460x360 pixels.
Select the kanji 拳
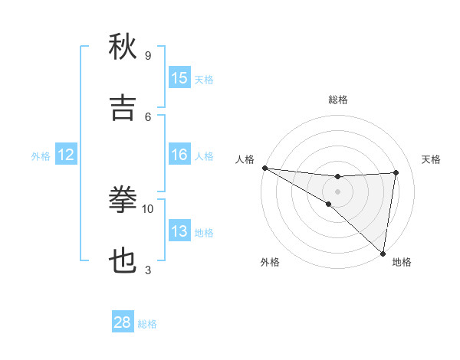pyautogui.click(x=123, y=200)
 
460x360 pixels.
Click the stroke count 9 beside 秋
pyautogui.click(x=148, y=55)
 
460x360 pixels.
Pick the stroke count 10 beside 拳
pyautogui.click(x=148, y=208)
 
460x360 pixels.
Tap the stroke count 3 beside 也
pyautogui.click(x=148, y=270)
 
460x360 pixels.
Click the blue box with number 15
pyautogui.click(x=179, y=78)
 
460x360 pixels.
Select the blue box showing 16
pyautogui.click(x=179, y=155)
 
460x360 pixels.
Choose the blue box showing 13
pyautogui.click(x=179, y=231)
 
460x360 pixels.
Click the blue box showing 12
pyautogui.click(x=66, y=155)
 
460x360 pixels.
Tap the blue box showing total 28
pyautogui.click(x=123, y=322)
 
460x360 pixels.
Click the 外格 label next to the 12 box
pyautogui.click(x=41, y=156)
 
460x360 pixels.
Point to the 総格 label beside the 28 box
pyautogui.click(x=147, y=324)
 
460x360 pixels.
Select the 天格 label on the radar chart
pyautogui.click(x=432, y=159)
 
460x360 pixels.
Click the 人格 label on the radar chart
pyautogui.click(x=245, y=159)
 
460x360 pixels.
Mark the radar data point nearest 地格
pyautogui.click(x=383, y=252)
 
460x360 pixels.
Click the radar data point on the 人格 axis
pyautogui.click(x=264, y=168)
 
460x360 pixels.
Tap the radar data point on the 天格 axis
pyautogui.click(x=396, y=172)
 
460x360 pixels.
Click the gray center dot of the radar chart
pyautogui.click(x=337, y=191)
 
